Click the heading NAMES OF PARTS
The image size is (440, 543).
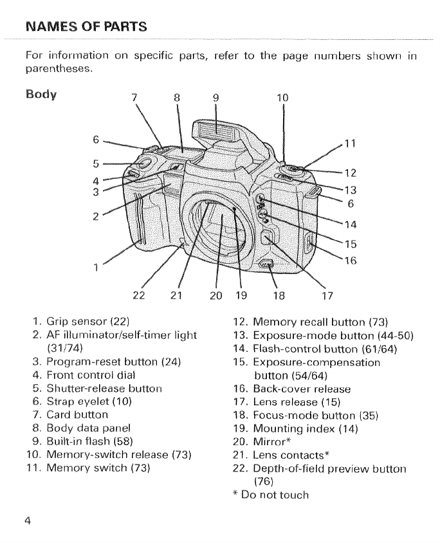[x=86, y=27]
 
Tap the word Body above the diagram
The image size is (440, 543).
[x=41, y=95]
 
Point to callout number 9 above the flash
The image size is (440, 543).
[x=216, y=98]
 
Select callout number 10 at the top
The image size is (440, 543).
[x=282, y=98]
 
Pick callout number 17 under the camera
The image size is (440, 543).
[x=326, y=295]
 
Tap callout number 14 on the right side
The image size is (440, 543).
[x=351, y=225]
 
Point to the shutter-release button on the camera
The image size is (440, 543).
[x=145, y=160]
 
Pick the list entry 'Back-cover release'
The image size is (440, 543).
[x=302, y=389]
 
